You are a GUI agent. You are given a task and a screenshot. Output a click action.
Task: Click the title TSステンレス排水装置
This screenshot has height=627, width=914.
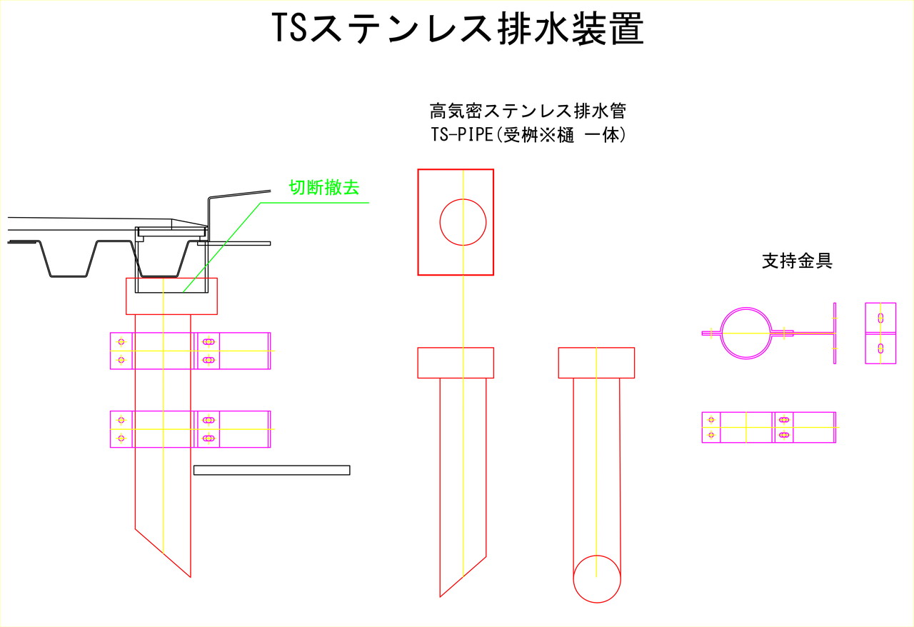pyautogui.click(x=458, y=28)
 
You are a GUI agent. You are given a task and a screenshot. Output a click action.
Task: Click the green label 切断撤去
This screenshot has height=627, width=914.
pyautogui.click(x=324, y=188)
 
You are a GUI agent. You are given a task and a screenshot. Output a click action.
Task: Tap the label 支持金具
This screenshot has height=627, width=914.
pyautogui.click(x=797, y=261)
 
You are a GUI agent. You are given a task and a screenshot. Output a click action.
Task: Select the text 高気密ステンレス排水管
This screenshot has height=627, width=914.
pyautogui.click(x=528, y=111)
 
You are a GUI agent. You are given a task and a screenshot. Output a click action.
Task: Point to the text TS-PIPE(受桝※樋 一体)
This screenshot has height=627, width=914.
pyautogui.click(x=528, y=135)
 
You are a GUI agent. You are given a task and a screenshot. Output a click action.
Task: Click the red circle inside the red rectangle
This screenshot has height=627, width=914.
pyautogui.click(x=463, y=222)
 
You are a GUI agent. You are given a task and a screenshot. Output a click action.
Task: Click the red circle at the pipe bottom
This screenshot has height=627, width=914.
pyautogui.click(x=597, y=579)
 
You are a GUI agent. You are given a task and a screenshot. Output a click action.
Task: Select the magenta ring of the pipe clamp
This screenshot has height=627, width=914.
pyautogui.click(x=746, y=333)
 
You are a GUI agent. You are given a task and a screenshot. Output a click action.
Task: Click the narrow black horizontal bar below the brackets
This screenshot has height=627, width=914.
pyautogui.click(x=272, y=470)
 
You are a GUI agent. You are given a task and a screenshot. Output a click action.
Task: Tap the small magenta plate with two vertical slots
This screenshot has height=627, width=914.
pyautogui.click(x=880, y=333)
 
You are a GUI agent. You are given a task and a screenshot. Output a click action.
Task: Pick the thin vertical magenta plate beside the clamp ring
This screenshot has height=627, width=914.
pyautogui.click(x=835, y=333)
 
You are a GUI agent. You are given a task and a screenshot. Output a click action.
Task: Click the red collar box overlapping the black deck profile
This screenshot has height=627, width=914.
pyautogui.click(x=171, y=296)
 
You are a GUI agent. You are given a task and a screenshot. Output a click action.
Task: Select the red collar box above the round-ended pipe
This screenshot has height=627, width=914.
pyautogui.click(x=596, y=363)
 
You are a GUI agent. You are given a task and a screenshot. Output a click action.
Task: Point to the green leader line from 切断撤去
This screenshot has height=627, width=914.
pyautogui.click(x=276, y=247)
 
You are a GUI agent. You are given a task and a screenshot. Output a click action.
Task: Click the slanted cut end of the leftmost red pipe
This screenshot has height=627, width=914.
pyautogui.click(x=163, y=553)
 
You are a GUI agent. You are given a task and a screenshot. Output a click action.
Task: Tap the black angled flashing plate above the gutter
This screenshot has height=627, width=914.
pyautogui.click(x=239, y=211)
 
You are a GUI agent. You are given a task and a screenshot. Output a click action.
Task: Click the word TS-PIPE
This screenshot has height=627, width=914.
pyautogui.click(x=462, y=135)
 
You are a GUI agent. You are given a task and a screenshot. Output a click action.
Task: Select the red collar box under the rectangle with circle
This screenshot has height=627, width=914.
pyautogui.click(x=456, y=363)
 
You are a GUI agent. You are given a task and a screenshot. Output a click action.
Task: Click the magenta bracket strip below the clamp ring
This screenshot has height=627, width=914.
pyautogui.click(x=769, y=427)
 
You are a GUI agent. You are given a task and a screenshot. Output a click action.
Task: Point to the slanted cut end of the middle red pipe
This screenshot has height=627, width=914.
pyautogui.click(x=463, y=576)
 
